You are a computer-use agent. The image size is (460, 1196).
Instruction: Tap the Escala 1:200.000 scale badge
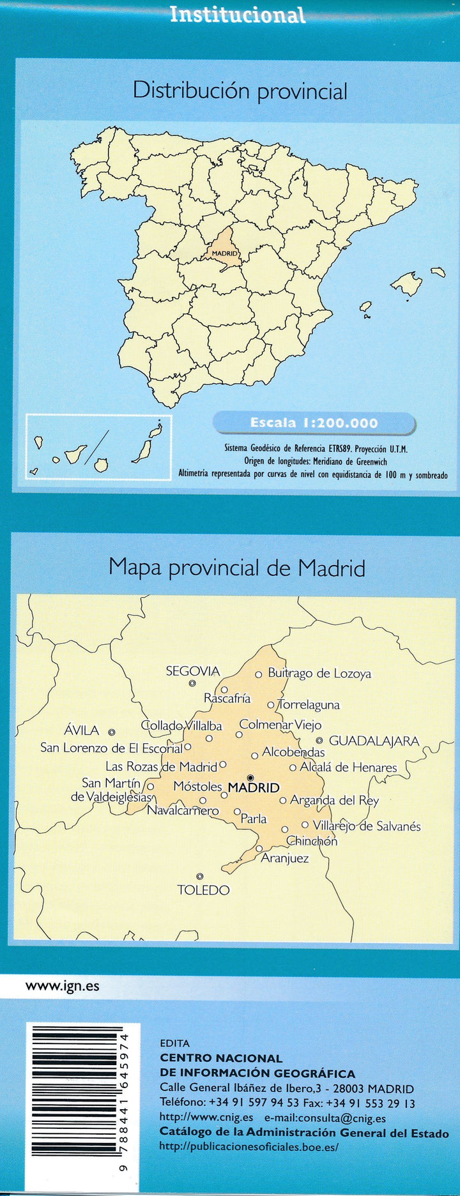[314, 423]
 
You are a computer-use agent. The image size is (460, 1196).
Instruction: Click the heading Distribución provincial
[240, 91]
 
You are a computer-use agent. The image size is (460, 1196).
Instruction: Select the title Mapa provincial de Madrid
[236, 567]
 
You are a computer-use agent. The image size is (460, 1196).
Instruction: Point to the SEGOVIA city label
[192, 671]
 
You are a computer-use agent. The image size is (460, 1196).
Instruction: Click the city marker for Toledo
[200, 876]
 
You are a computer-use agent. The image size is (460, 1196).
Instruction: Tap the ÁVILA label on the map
[82, 730]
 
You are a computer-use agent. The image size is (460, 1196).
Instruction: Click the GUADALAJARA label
[374, 741]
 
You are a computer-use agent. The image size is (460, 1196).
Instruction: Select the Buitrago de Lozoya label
[319, 673]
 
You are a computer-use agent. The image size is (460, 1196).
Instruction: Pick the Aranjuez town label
[284, 858]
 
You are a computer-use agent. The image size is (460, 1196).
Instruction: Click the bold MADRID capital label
[254, 788]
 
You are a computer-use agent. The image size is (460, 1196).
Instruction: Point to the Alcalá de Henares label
[348, 768]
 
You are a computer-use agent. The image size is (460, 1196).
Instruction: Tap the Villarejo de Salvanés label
[367, 826]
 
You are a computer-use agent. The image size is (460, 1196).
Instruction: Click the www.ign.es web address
[62, 985]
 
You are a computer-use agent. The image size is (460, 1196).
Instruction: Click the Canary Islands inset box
[98, 446]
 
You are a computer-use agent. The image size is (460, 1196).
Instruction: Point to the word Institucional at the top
[238, 14]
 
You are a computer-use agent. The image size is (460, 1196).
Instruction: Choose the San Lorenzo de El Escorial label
[111, 748]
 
